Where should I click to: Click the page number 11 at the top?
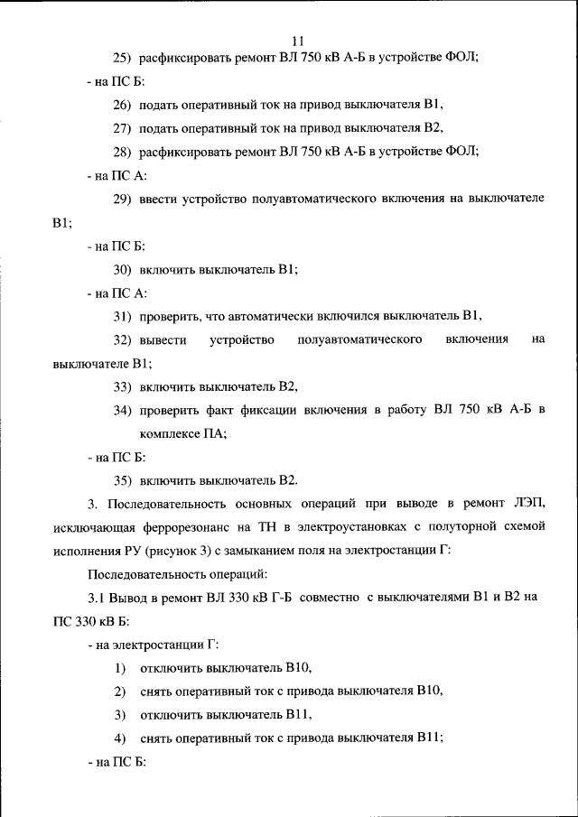pyautogui.click(x=300, y=41)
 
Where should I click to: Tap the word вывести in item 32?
pyautogui.click(x=163, y=339)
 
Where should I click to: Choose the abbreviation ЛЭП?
pyautogui.click(x=528, y=503)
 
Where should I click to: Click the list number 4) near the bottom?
pyautogui.click(x=119, y=738)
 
